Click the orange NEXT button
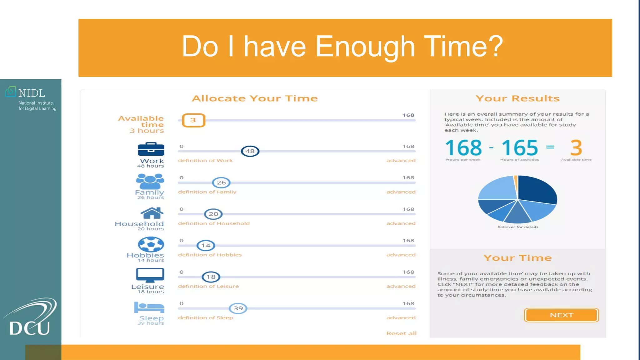[561, 315]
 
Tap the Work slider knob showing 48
[250, 151]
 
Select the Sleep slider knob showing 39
[238, 308]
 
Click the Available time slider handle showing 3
[193, 120]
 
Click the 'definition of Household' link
[214, 223]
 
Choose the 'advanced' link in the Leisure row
[401, 286]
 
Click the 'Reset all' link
[401, 333]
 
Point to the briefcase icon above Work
[151, 149]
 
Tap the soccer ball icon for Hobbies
[151, 244]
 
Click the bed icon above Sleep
[149, 307]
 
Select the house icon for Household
[152, 213]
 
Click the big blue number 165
[519, 148]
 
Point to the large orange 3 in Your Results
[576, 148]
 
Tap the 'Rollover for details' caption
[518, 227]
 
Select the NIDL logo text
[32, 93]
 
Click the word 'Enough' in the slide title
[365, 47]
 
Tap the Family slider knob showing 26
[221, 183]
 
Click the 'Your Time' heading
[517, 258]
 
